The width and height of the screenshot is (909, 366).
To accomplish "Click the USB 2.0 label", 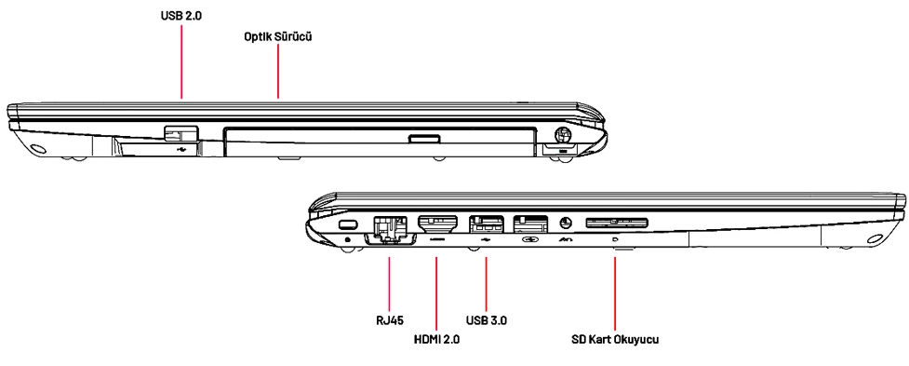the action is pyautogui.click(x=181, y=16).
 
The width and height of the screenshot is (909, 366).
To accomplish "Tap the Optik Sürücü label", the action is pyautogui.click(x=278, y=36).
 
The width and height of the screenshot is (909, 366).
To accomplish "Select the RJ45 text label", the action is pyautogui.click(x=389, y=319).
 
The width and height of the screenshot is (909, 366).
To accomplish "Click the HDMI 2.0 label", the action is pyautogui.click(x=435, y=339).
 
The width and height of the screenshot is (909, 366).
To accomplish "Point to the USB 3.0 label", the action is pyautogui.click(x=487, y=319).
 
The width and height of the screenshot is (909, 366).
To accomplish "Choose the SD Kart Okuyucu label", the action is pyautogui.click(x=614, y=339).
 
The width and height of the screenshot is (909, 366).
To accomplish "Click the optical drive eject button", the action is pyautogui.click(x=423, y=139).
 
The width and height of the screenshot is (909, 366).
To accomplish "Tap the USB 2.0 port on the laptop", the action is pyautogui.click(x=180, y=133).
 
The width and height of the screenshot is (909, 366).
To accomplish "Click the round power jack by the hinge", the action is pyautogui.click(x=562, y=134).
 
